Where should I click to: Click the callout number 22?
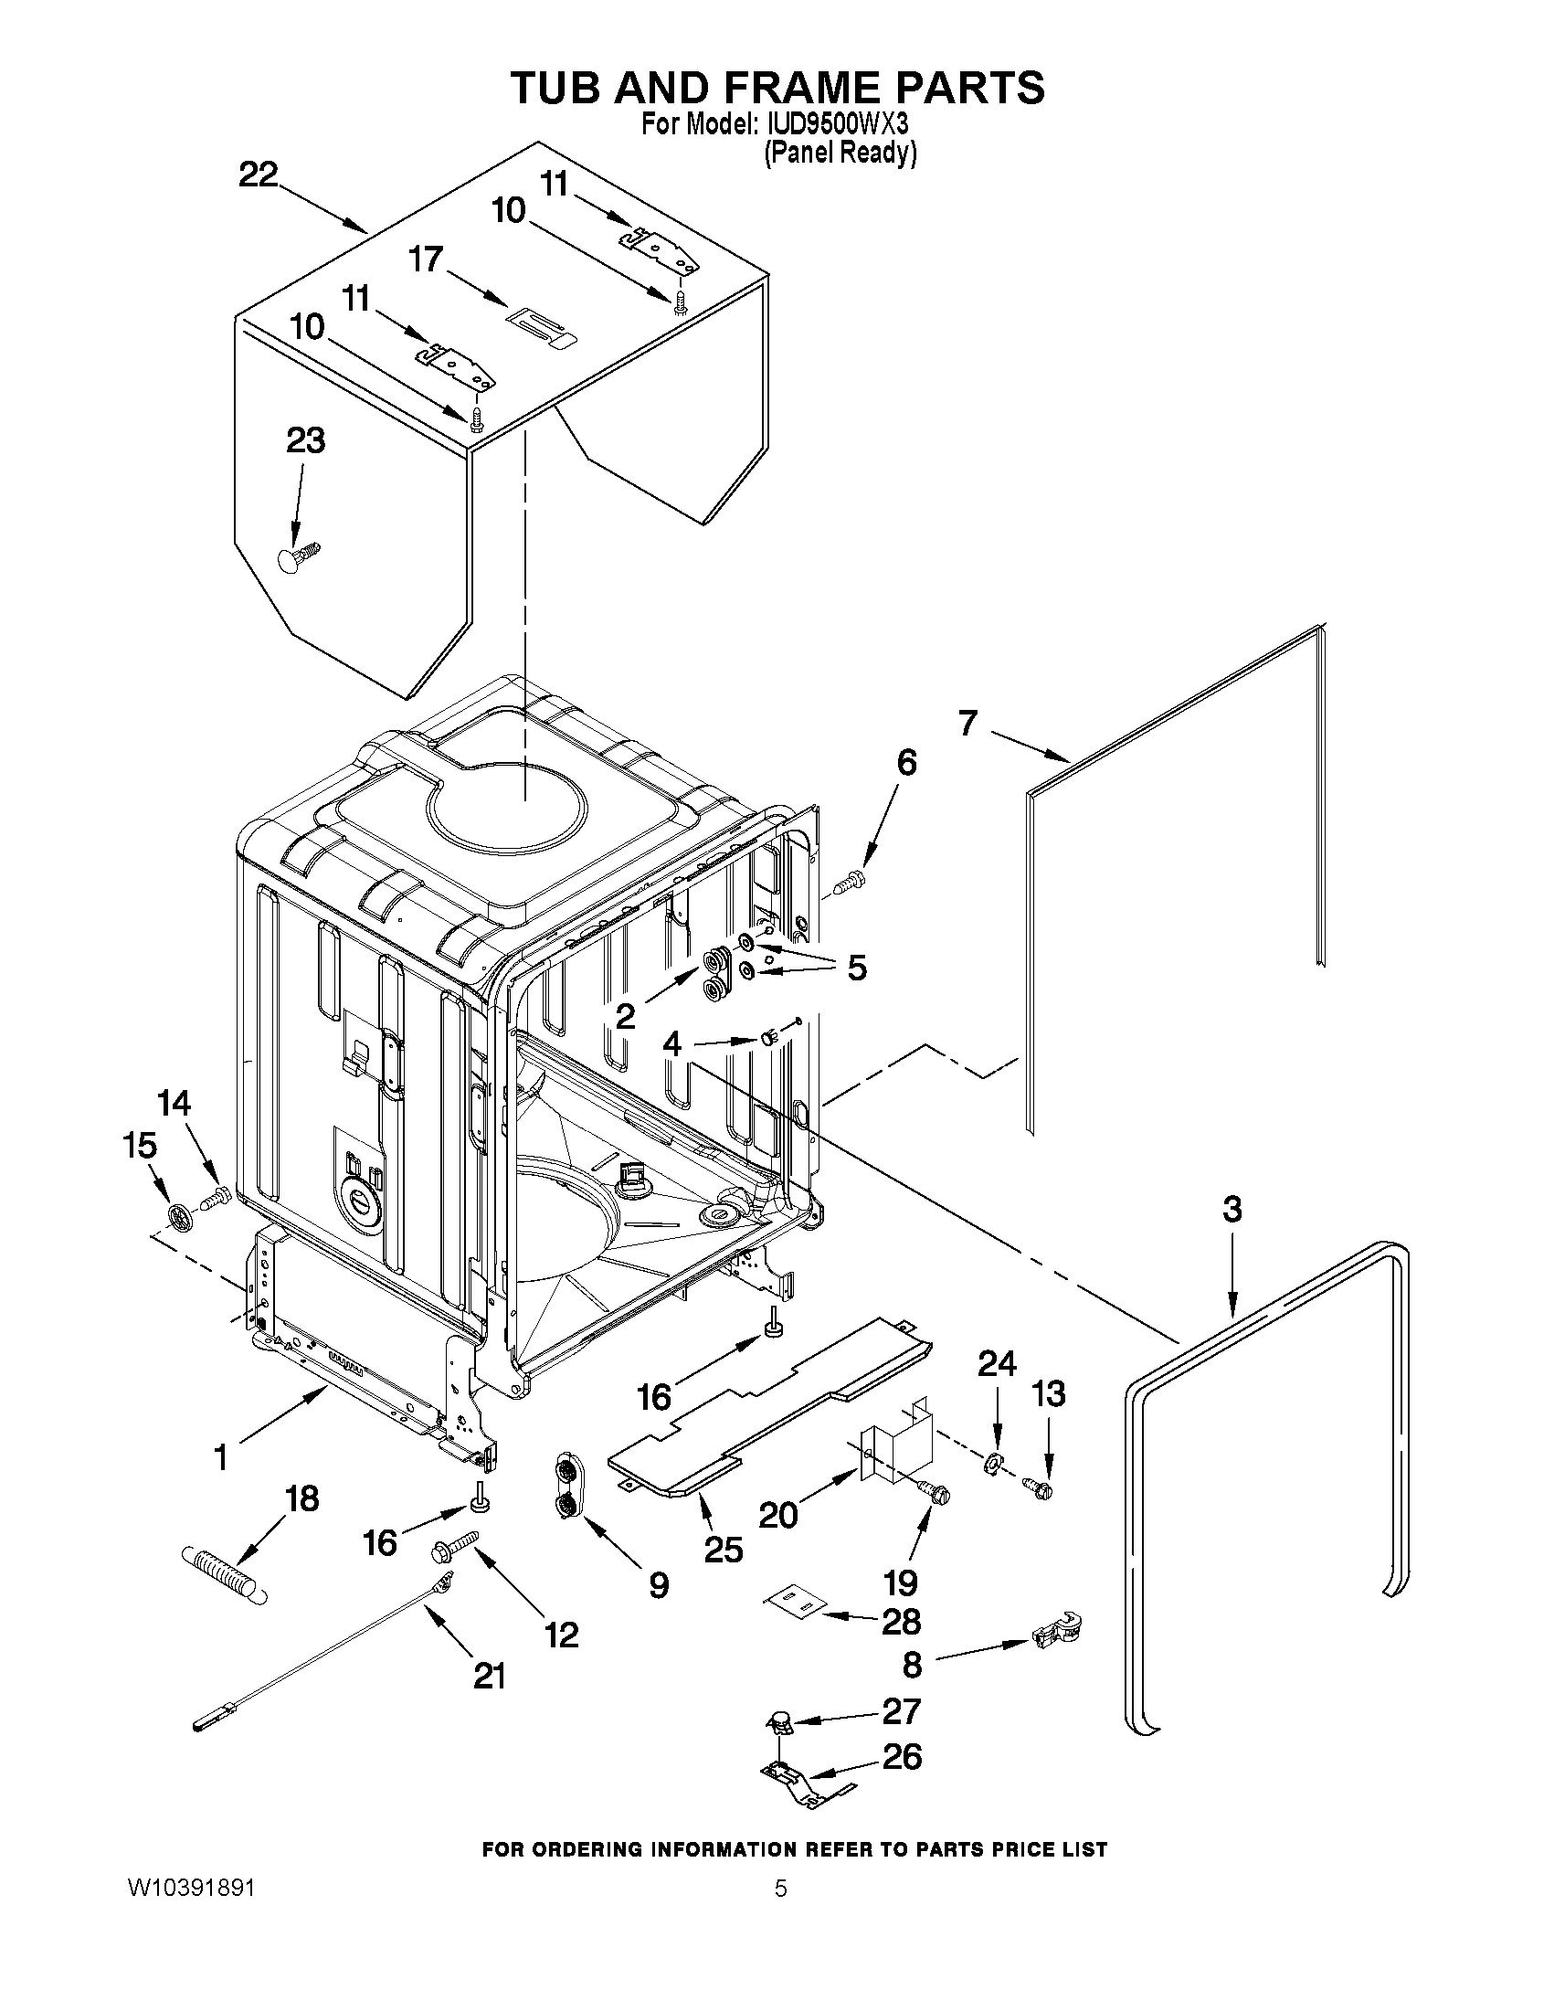258,174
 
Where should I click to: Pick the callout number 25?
723,1550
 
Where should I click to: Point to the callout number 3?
1232,1209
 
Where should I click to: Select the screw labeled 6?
845,884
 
